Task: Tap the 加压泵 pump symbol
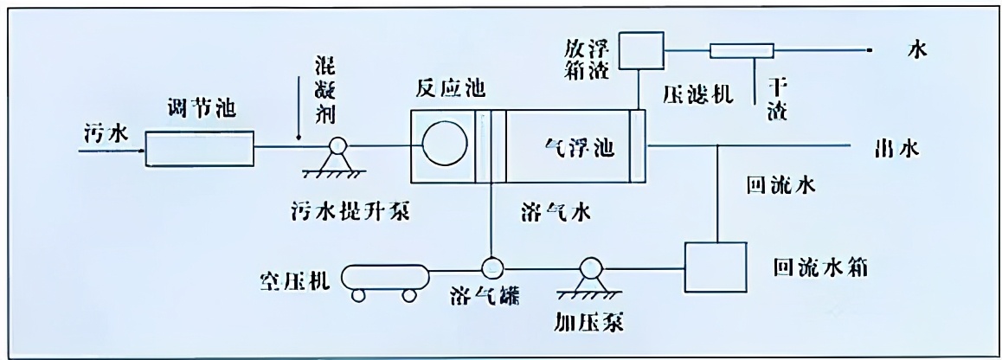click(594, 268)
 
